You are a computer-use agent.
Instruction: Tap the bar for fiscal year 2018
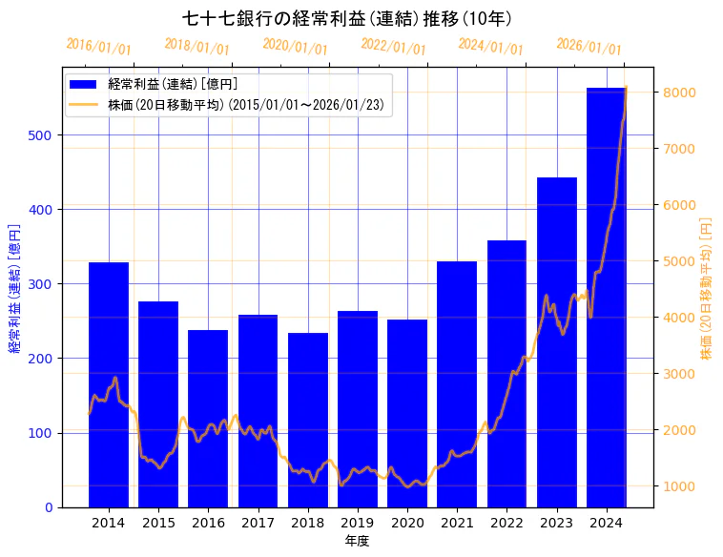[308, 420]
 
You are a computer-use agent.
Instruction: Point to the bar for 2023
[557, 342]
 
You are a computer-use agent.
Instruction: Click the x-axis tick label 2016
[208, 523]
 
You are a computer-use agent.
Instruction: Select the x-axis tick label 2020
[407, 523]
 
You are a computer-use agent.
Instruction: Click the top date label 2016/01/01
[99, 47]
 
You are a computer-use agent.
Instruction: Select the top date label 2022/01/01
[393, 47]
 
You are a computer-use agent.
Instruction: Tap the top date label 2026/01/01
[589, 47]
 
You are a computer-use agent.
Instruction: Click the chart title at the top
[347, 18]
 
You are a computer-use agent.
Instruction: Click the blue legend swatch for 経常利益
[84, 85]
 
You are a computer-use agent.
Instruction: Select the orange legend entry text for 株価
[246, 105]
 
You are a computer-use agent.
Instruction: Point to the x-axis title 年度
[357, 541]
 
